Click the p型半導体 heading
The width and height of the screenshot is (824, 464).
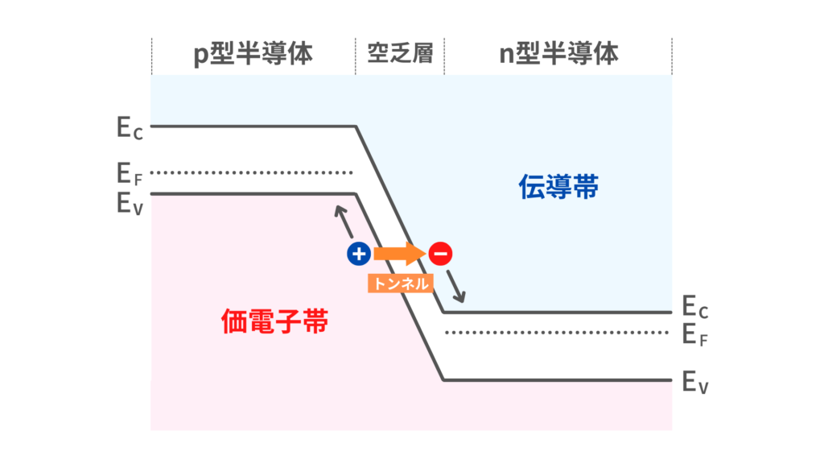pyautogui.click(x=253, y=54)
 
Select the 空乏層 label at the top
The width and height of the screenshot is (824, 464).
pyautogui.click(x=400, y=54)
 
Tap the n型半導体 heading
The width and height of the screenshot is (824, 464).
pyautogui.click(x=558, y=54)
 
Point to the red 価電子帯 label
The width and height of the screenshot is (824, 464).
pyautogui.click(x=274, y=322)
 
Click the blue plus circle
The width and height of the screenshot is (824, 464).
pyautogui.click(x=358, y=255)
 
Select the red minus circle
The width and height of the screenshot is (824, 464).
pyautogui.click(x=440, y=255)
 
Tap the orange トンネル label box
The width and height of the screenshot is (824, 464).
pyautogui.click(x=401, y=283)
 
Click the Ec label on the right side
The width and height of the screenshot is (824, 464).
pyautogui.click(x=694, y=307)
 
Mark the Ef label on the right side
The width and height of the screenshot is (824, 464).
pyautogui.click(x=694, y=334)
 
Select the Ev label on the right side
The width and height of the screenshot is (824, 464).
pyautogui.click(x=694, y=381)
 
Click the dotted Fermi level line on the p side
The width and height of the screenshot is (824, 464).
pyautogui.click(x=252, y=172)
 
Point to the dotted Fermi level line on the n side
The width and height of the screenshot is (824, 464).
pyautogui.click(x=558, y=332)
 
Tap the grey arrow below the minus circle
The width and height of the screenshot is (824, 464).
pyautogui.click(x=456, y=284)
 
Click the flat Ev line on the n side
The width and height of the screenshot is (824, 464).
pyautogui.click(x=558, y=379)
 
